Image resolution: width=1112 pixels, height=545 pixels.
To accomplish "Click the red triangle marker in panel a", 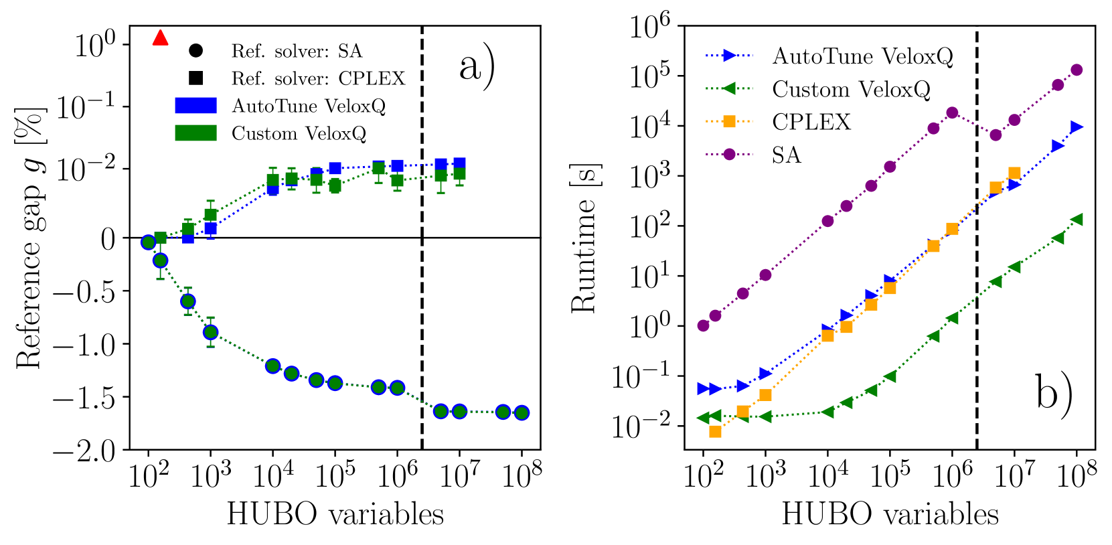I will [x=160, y=38].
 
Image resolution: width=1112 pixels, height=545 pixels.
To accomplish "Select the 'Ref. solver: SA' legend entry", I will [x=296, y=52].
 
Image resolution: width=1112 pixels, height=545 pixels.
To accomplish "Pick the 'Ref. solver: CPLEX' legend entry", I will [x=317, y=79].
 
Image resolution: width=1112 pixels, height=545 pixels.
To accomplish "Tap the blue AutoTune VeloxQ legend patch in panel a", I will [x=195, y=106].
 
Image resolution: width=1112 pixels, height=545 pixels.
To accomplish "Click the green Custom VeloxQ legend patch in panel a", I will [x=195, y=133].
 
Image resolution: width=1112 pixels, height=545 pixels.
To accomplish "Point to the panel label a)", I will [x=477, y=67].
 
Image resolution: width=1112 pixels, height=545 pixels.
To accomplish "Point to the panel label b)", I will [x=1054, y=392].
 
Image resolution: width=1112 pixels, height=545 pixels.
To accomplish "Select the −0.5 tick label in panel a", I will [x=84, y=291].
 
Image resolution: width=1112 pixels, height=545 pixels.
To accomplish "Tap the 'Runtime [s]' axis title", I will [x=584, y=238].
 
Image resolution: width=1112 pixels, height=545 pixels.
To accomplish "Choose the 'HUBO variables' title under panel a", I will [x=335, y=515].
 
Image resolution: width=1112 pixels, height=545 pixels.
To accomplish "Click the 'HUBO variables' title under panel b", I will [x=890, y=515].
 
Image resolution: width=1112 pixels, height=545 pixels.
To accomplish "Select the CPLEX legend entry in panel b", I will [x=811, y=122].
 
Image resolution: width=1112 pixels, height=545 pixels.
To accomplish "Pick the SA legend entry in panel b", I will [x=786, y=155].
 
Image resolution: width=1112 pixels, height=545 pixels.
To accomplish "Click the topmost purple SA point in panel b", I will [x=1077, y=70].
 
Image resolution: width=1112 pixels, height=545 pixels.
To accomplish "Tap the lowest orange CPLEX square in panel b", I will [x=715, y=432].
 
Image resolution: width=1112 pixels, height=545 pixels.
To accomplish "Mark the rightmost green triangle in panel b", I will [x=1077, y=220].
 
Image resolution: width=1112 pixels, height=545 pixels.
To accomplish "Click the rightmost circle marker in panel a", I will [x=522, y=412].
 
